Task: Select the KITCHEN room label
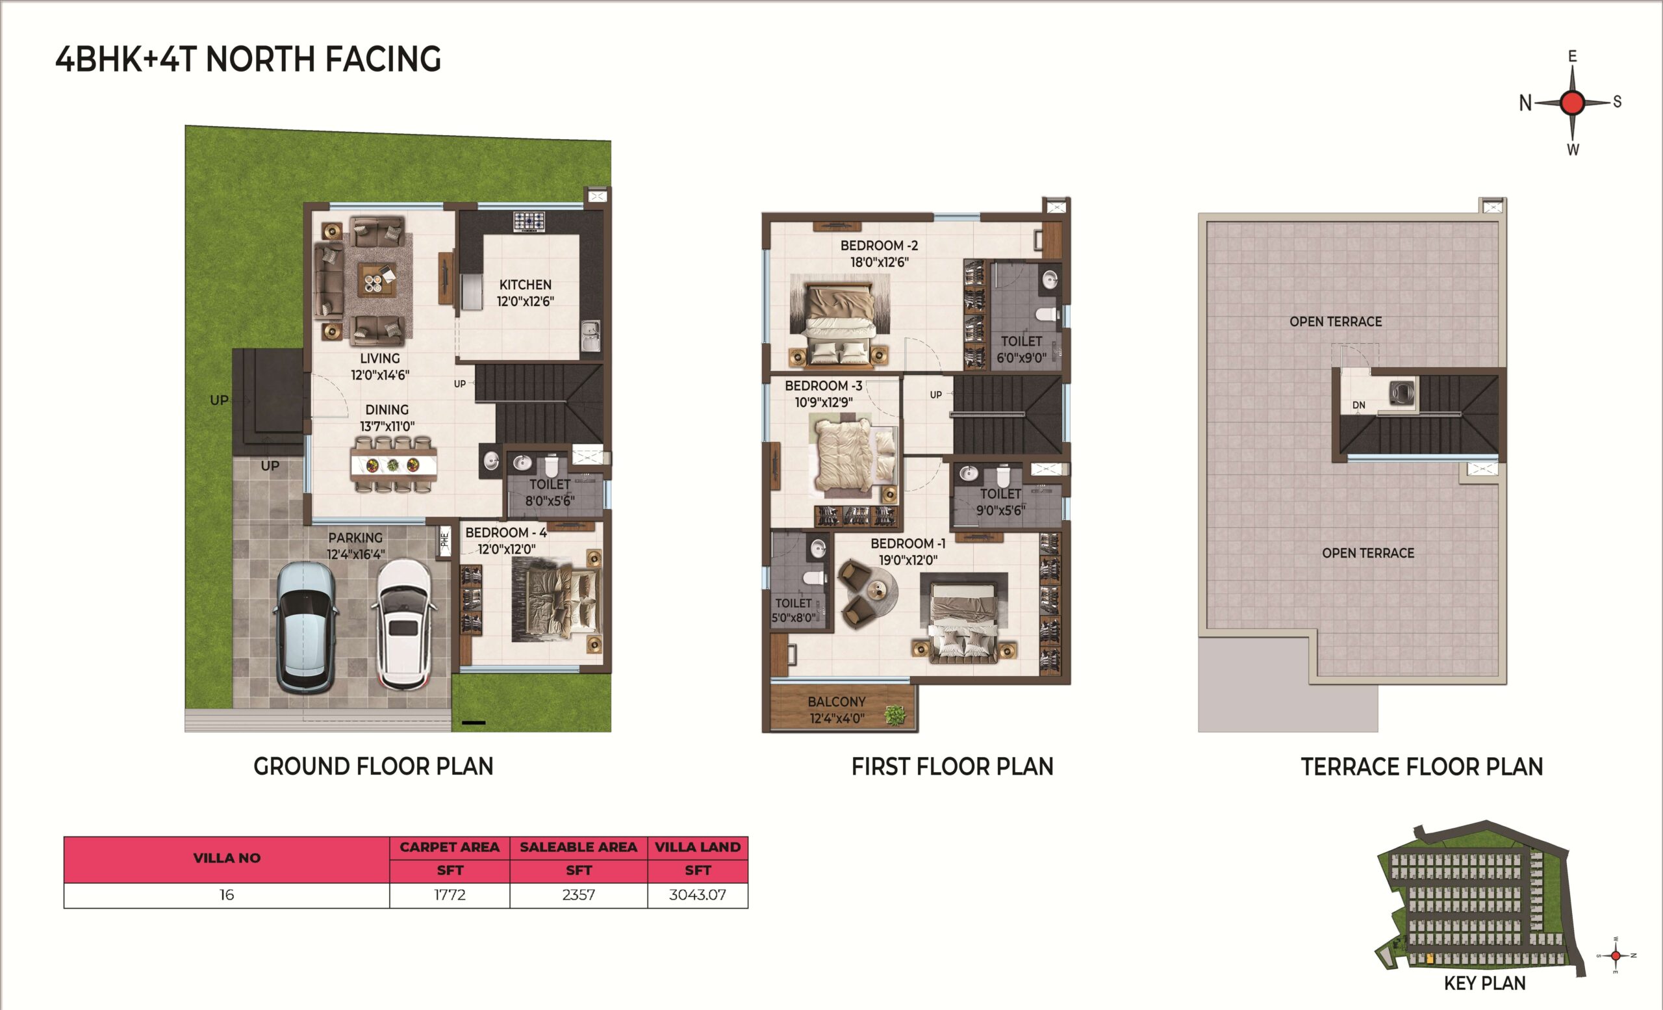pos(525,285)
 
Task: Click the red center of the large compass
pos(1573,103)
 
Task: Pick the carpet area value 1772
pos(450,895)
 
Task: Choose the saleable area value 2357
pos(578,895)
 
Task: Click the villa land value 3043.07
pos(697,895)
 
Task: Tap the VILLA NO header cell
pos(227,859)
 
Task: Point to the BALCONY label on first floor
pos(836,702)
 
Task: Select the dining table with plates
pos(394,465)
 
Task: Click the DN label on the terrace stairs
pos(1358,405)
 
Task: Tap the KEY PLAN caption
pos(1485,983)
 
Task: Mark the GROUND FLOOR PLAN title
pos(374,767)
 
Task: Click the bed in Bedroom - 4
pos(556,603)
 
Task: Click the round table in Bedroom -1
pos(878,591)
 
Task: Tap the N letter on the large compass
pos(1525,103)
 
